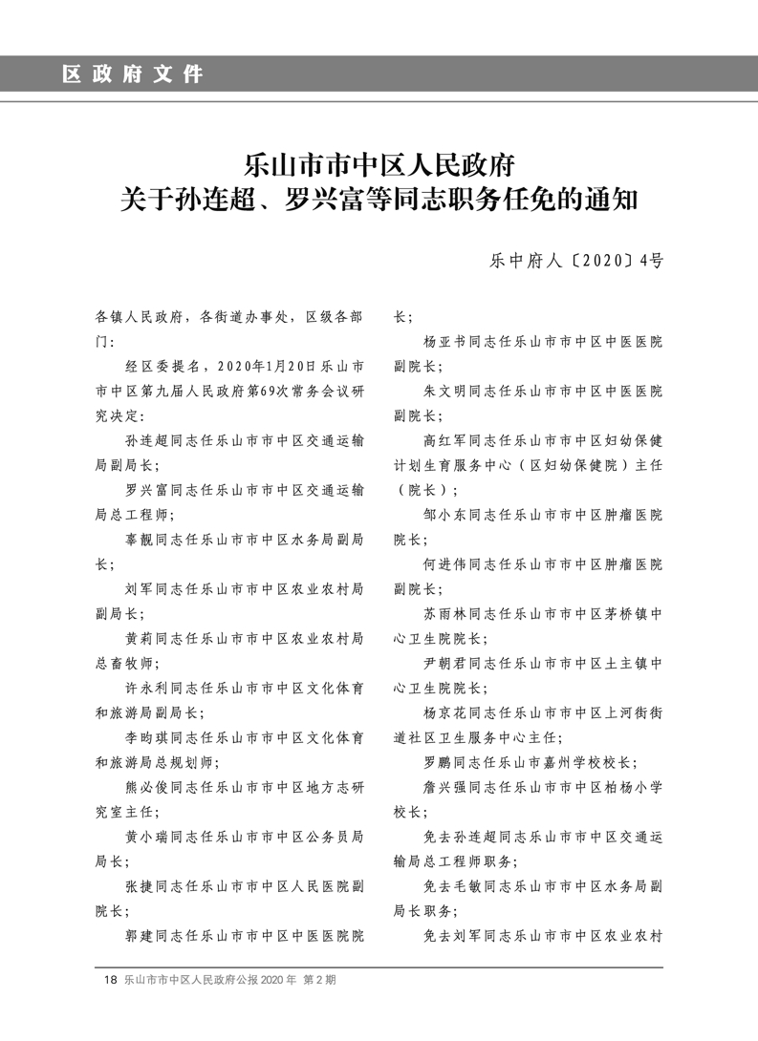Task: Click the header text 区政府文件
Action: (133, 74)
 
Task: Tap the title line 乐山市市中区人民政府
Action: (379, 164)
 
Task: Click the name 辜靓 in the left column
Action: (140, 540)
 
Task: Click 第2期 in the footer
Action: (320, 980)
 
